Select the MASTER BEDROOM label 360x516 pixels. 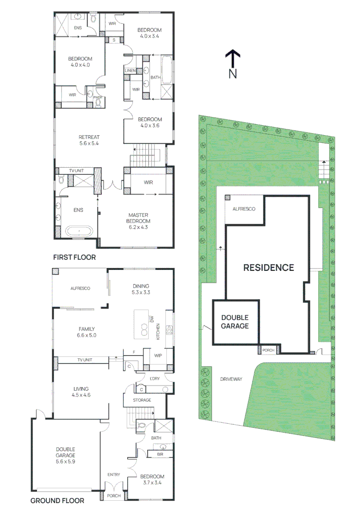tap(139, 218)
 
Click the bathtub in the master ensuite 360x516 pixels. tap(76, 232)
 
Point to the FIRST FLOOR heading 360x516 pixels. tap(74, 257)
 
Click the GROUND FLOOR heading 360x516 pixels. tap(57, 501)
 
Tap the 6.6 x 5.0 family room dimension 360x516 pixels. tap(87, 335)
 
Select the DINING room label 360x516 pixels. tap(141, 286)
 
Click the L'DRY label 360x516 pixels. tap(154, 378)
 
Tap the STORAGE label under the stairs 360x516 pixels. tap(142, 400)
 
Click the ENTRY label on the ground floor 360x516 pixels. tap(114, 474)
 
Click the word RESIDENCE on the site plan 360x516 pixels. tap(269, 268)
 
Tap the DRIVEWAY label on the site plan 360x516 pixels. tap(231, 379)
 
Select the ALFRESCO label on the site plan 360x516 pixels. tap(244, 209)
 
